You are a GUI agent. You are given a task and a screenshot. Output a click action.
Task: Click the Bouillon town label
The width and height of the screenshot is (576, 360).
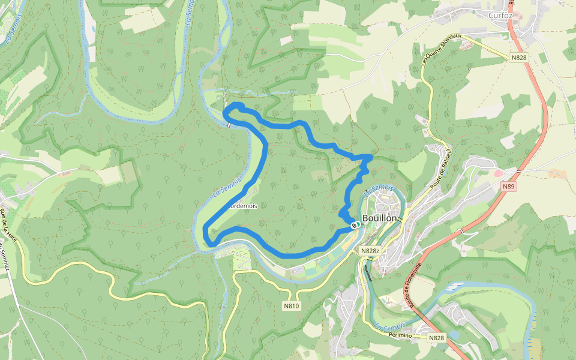click(x=380, y=218)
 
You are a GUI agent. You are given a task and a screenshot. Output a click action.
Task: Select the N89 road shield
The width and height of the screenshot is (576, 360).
click(x=509, y=187)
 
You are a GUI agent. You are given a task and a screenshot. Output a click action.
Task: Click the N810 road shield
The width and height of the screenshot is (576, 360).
click(x=291, y=306)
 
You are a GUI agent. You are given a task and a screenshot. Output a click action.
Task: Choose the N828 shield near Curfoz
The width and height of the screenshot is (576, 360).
click(x=519, y=58)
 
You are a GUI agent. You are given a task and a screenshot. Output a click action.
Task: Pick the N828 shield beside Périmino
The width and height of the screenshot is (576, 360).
click(x=437, y=338)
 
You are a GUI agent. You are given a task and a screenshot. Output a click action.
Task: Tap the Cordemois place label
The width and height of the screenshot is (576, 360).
click(x=242, y=206)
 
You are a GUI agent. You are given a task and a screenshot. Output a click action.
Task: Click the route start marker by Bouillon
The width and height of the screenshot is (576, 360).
click(x=355, y=226)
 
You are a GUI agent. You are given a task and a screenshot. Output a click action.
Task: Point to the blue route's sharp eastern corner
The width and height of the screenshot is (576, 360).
click(x=371, y=157)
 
